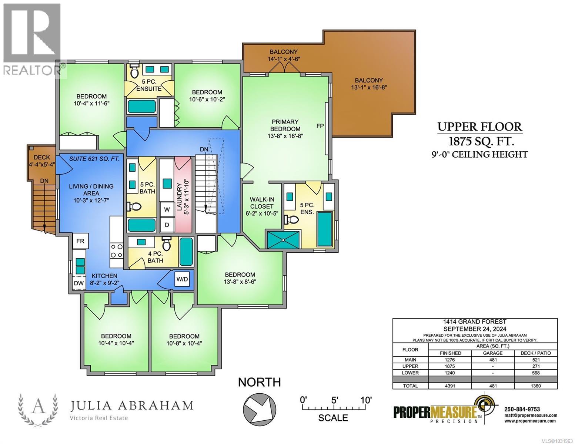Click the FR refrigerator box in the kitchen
pyautogui.click(x=80, y=241)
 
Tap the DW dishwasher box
pyautogui.click(x=78, y=283)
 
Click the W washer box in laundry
pyautogui.click(x=167, y=209)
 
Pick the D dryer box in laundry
pyautogui.click(x=167, y=225)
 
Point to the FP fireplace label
pyautogui.click(x=320, y=126)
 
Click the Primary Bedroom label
pyautogui.click(x=285, y=128)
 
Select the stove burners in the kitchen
pyautogui.click(x=117, y=250)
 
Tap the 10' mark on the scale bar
pyautogui.click(x=366, y=400)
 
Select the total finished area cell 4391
pyautogui.click(x=450, y=386)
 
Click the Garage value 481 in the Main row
pyautogui.click(x=493, y=360)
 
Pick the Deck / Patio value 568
pyautogui.click(x=535, y=373)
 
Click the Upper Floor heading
pyautogui.click(x=479, y=127)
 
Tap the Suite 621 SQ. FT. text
pyautogui.click(x=94, y=159)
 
